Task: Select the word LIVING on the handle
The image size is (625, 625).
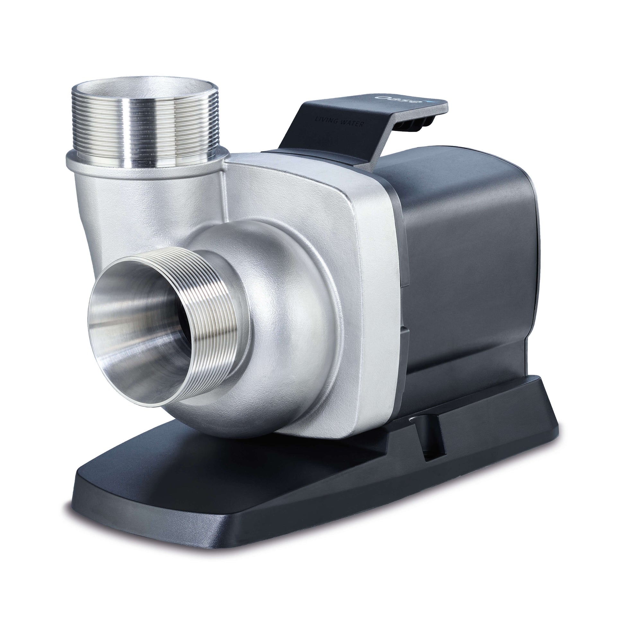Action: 326,120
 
